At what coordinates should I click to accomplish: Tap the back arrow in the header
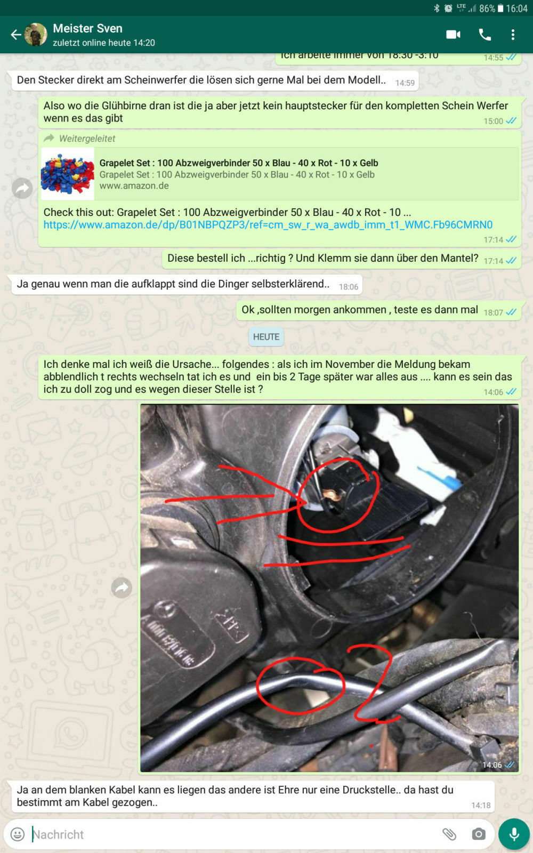[15, 35]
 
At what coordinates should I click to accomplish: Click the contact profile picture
[36, 35]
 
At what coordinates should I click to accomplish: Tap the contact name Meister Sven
[87, 28]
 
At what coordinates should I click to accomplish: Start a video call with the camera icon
[453, 35]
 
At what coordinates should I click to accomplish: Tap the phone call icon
[484, 35]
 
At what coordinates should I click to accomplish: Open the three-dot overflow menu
[513, 35]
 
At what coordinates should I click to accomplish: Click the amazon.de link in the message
[268, 225]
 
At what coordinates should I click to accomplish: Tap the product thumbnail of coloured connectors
[67, 174]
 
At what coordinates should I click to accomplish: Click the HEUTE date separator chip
[266, 337]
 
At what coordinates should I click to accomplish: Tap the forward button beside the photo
[122, 588]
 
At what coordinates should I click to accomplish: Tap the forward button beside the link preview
[22, 188]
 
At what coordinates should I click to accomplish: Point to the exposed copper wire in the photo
[333, 496]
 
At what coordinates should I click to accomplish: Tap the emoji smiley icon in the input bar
[18, 834]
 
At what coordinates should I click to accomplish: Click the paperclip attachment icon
[449, 834]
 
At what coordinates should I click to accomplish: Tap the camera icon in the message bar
[478, 834]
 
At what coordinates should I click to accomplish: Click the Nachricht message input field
[229, 834]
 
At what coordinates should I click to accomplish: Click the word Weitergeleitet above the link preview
[87, 139]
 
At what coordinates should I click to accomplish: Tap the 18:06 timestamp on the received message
[349, 287]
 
